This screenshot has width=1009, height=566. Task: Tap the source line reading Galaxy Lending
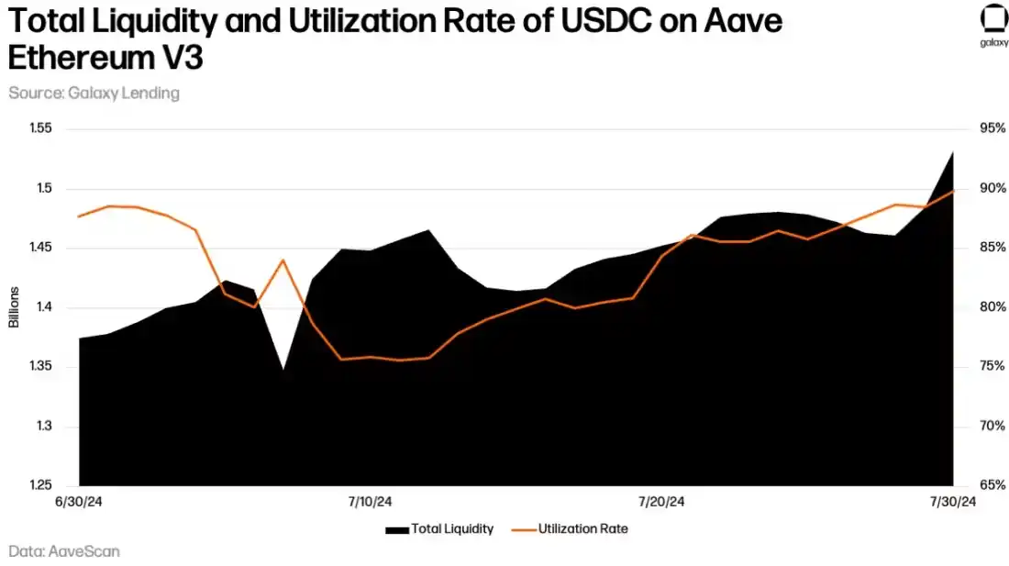tap(94, 93)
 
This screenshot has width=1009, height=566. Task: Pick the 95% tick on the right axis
tap(992, 128)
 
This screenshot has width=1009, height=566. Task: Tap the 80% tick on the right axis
tap(992, 307)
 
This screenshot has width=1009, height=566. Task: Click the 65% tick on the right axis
tap(992, 486)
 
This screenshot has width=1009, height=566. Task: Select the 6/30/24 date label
tap(80, 502)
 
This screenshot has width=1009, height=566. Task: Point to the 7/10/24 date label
tap(371, 502)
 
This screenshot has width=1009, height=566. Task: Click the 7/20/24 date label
tap(661, 502)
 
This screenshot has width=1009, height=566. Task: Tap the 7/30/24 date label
tap(953, 502)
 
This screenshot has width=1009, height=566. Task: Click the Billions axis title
tap(14, 307)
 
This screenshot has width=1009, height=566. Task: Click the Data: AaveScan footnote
tap(64, 551)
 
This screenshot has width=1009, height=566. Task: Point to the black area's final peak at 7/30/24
tap(953, 153)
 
